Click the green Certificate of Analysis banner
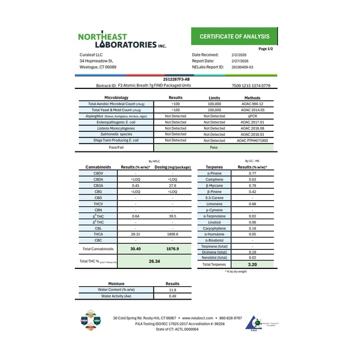coord(234,37)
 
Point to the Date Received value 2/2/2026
coord(239,55)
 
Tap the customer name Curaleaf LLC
coord(92,55)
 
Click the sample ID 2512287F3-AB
coord(179,80)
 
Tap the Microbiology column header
coord(113,98)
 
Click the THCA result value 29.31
coord(135,234)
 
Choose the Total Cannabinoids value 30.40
coord(135,248)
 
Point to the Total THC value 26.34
coord(155,260)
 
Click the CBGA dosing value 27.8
coord(172,185)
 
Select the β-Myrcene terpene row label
coord(215,185)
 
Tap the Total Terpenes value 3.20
coord(252,264)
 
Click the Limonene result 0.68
coord(252,203)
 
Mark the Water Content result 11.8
coord(173,290)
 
